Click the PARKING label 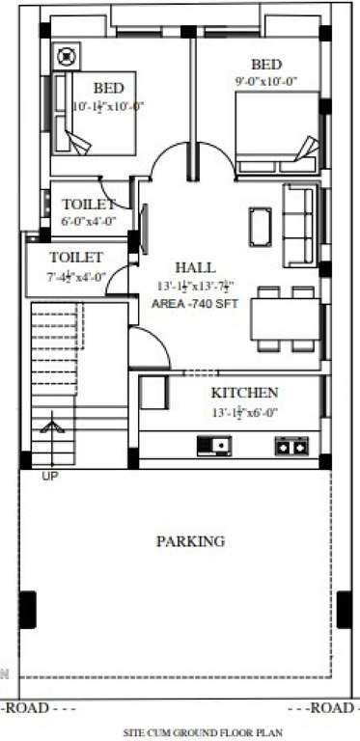pos(190,541)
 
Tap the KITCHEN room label pos(245,393)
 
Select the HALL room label pos(195,266)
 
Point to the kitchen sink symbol pos(213,445)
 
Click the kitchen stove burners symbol pos(291,445)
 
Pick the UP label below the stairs pos(48,476)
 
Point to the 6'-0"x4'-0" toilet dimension pos(89,221)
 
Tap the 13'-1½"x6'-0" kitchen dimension pos(244,411)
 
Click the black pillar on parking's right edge pos(344,610)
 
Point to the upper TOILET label pos(89,205)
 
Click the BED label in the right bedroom pos(266,65)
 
